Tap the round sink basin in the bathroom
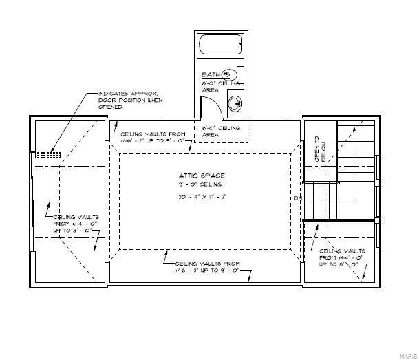coord(234,105)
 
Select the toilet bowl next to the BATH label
coord(229,74)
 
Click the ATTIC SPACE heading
coord(197,176)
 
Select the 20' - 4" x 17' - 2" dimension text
coord(198,198)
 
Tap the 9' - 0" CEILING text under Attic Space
coord(198,185)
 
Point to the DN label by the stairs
coord(298,200)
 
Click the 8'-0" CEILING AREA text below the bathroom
coord(220,132)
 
